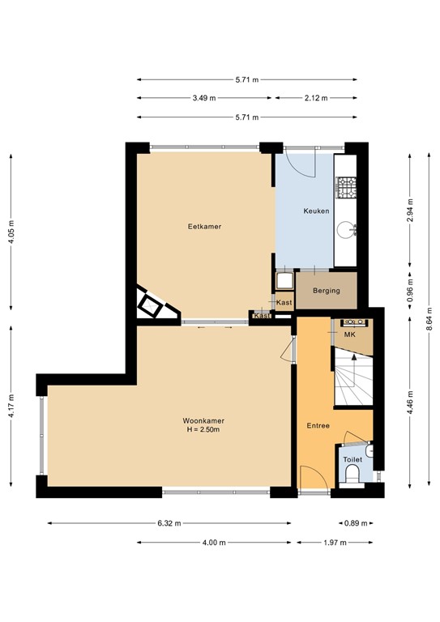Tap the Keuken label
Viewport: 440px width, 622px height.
(316, 211)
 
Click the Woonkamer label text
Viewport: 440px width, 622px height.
(203, 420)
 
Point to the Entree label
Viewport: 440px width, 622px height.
(317, 426)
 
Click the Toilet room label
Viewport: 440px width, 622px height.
(352, 459)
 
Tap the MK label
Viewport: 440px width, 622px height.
(351, 334)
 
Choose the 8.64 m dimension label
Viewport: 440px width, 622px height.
(429, 318)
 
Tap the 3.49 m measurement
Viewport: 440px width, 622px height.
(204, 98)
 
